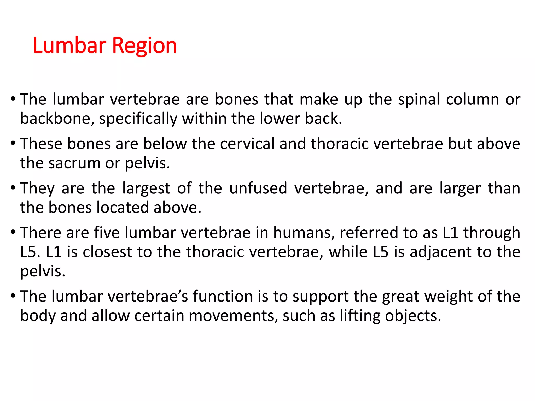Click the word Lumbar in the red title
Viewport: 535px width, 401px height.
69,45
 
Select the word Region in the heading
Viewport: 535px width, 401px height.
144,46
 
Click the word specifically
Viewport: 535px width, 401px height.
138,119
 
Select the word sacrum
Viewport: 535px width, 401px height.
74,163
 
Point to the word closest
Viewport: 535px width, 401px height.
107,252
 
